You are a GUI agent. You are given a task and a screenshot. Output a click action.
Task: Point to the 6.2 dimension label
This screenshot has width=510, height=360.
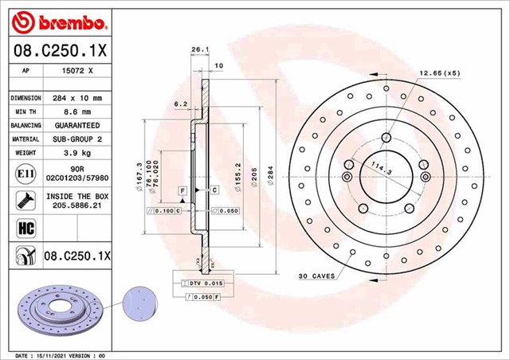point(180,104)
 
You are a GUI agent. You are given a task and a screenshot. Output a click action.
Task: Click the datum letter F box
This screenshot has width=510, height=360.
point(182,190)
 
